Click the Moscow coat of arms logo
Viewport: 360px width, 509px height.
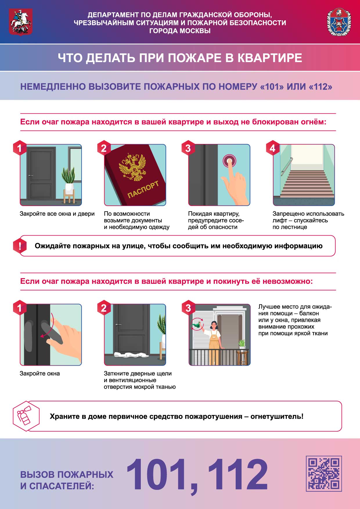pyautogui.click(x=21, y=22)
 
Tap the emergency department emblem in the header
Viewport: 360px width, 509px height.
pyautogui.click(x=339, y=22)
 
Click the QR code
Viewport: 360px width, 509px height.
pyautogui.click(x=324, y=473)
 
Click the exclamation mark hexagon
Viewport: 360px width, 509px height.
pyautogui.click(x=20, y=246)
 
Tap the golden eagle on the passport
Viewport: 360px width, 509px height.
pyautogui.click(x=134, y=167)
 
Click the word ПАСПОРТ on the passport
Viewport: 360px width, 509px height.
pyautogui.click(x=143, y=189)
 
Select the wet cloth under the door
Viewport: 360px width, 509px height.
pyautogui.click(x=129, y=355)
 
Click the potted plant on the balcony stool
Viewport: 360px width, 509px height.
pyautogui.click(x=242, y=344)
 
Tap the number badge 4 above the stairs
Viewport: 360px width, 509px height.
pyautogui.click(x=272, y=148)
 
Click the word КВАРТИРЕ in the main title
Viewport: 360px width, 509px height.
pyautogui.click(x=270, y=58)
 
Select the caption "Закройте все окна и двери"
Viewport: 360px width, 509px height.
pyautogui.click(x=57, y=214)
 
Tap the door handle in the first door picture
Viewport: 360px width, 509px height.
pyautogui.click(x=30, y=176)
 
